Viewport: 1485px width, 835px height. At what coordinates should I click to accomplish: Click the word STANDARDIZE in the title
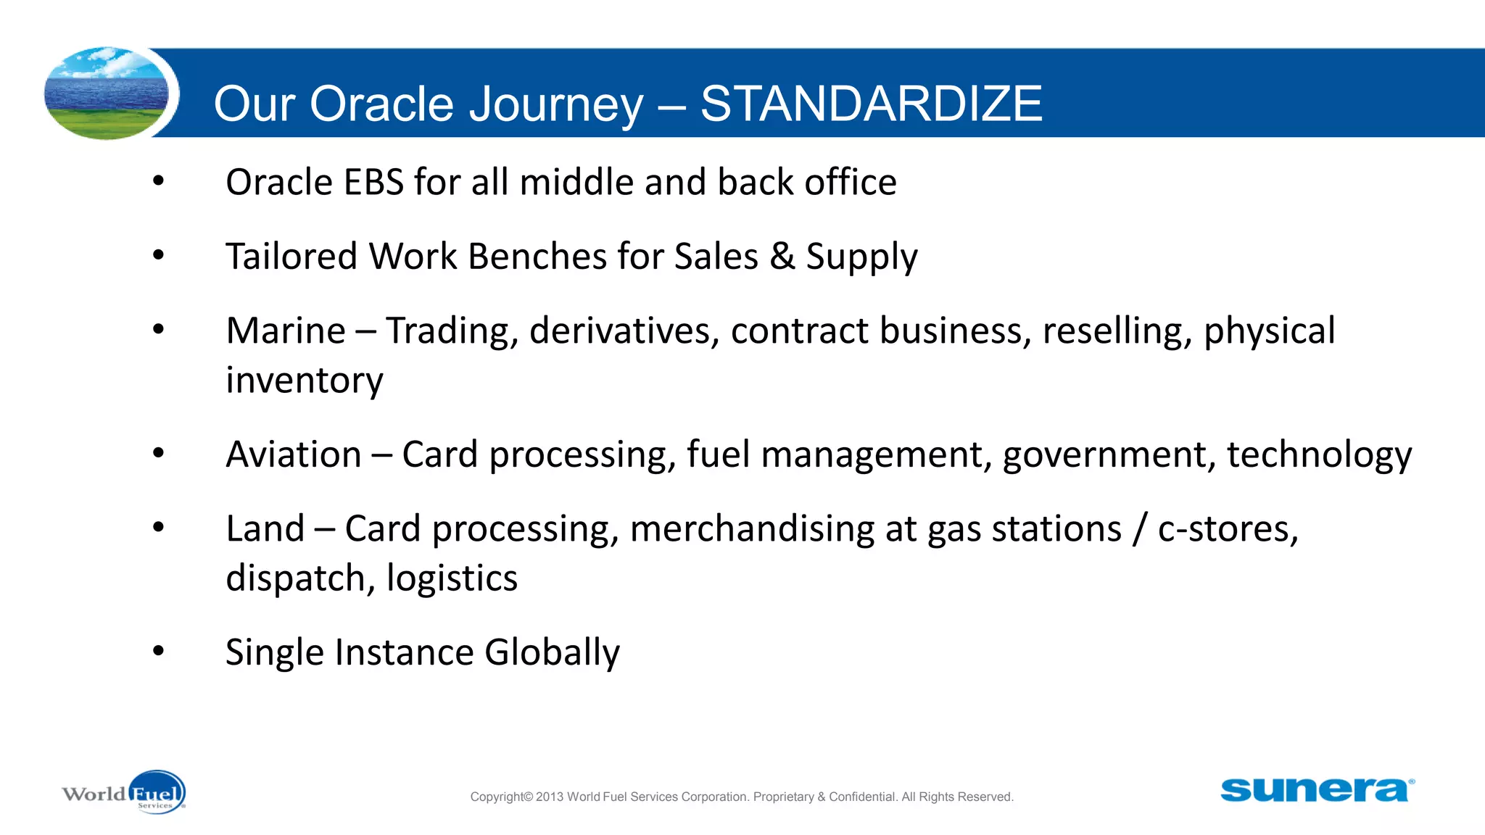[871, 104]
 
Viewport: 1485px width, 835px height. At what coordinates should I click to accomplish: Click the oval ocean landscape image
[107, 94]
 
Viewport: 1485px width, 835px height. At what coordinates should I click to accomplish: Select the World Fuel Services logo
[124, 792]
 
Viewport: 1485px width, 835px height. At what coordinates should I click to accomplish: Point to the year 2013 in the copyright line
[550, 797]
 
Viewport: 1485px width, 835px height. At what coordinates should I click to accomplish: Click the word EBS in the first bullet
[373, 182]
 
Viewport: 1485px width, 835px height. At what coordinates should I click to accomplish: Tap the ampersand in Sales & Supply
[782, 256]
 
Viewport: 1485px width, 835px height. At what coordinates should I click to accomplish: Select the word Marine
[286, 331]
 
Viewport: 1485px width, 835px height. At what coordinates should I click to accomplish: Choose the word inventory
[304, 381]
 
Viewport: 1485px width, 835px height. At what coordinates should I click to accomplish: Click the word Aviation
[294, 454]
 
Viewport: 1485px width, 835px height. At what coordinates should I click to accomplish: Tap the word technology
[1319, 456]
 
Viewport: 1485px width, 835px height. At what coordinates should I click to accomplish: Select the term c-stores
[1227, 529]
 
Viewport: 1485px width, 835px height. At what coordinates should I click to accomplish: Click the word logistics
[452, 578]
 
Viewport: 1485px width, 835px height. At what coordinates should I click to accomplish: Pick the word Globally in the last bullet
[552, 652]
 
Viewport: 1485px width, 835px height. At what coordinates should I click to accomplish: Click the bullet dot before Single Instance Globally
[159, 650]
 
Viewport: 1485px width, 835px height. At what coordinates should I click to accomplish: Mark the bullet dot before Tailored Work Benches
[159, 254]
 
